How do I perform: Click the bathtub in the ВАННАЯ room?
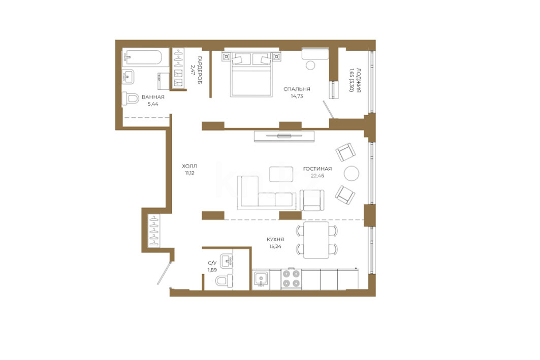pos(142,57)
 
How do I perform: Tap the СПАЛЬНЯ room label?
pos(297,89)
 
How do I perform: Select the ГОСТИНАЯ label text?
pos(317,169)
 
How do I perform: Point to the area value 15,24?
pos(275,246)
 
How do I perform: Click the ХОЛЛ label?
pos(189,166)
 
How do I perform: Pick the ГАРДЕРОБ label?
pos(200,70)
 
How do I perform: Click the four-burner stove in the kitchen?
pos(292,279)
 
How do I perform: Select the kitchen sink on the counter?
pos(261,279)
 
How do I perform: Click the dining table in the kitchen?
pos(316,240)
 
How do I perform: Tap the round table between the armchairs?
pos(351,174)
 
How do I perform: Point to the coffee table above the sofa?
pos(281,174)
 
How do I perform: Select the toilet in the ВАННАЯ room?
pos(131,99)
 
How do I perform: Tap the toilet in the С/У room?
pos(224,280)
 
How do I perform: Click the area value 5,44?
pos(153,104)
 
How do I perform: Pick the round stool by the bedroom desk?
pos(310,65)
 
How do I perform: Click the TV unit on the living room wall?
pos(284,136)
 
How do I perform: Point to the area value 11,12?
pos(189,173)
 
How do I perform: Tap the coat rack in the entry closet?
pos(154,231)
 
